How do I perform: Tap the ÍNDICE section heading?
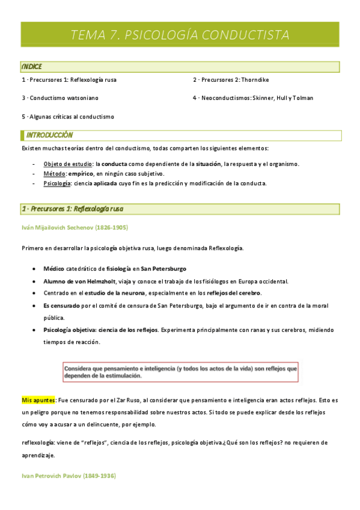[x=31, y=67]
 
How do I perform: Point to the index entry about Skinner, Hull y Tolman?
[x=252, y=97]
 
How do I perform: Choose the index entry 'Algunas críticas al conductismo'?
[x=67, y=116]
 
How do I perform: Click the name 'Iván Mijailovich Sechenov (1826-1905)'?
[x=75, y=227]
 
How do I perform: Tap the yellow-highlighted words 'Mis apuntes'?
[x=38, y=399]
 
